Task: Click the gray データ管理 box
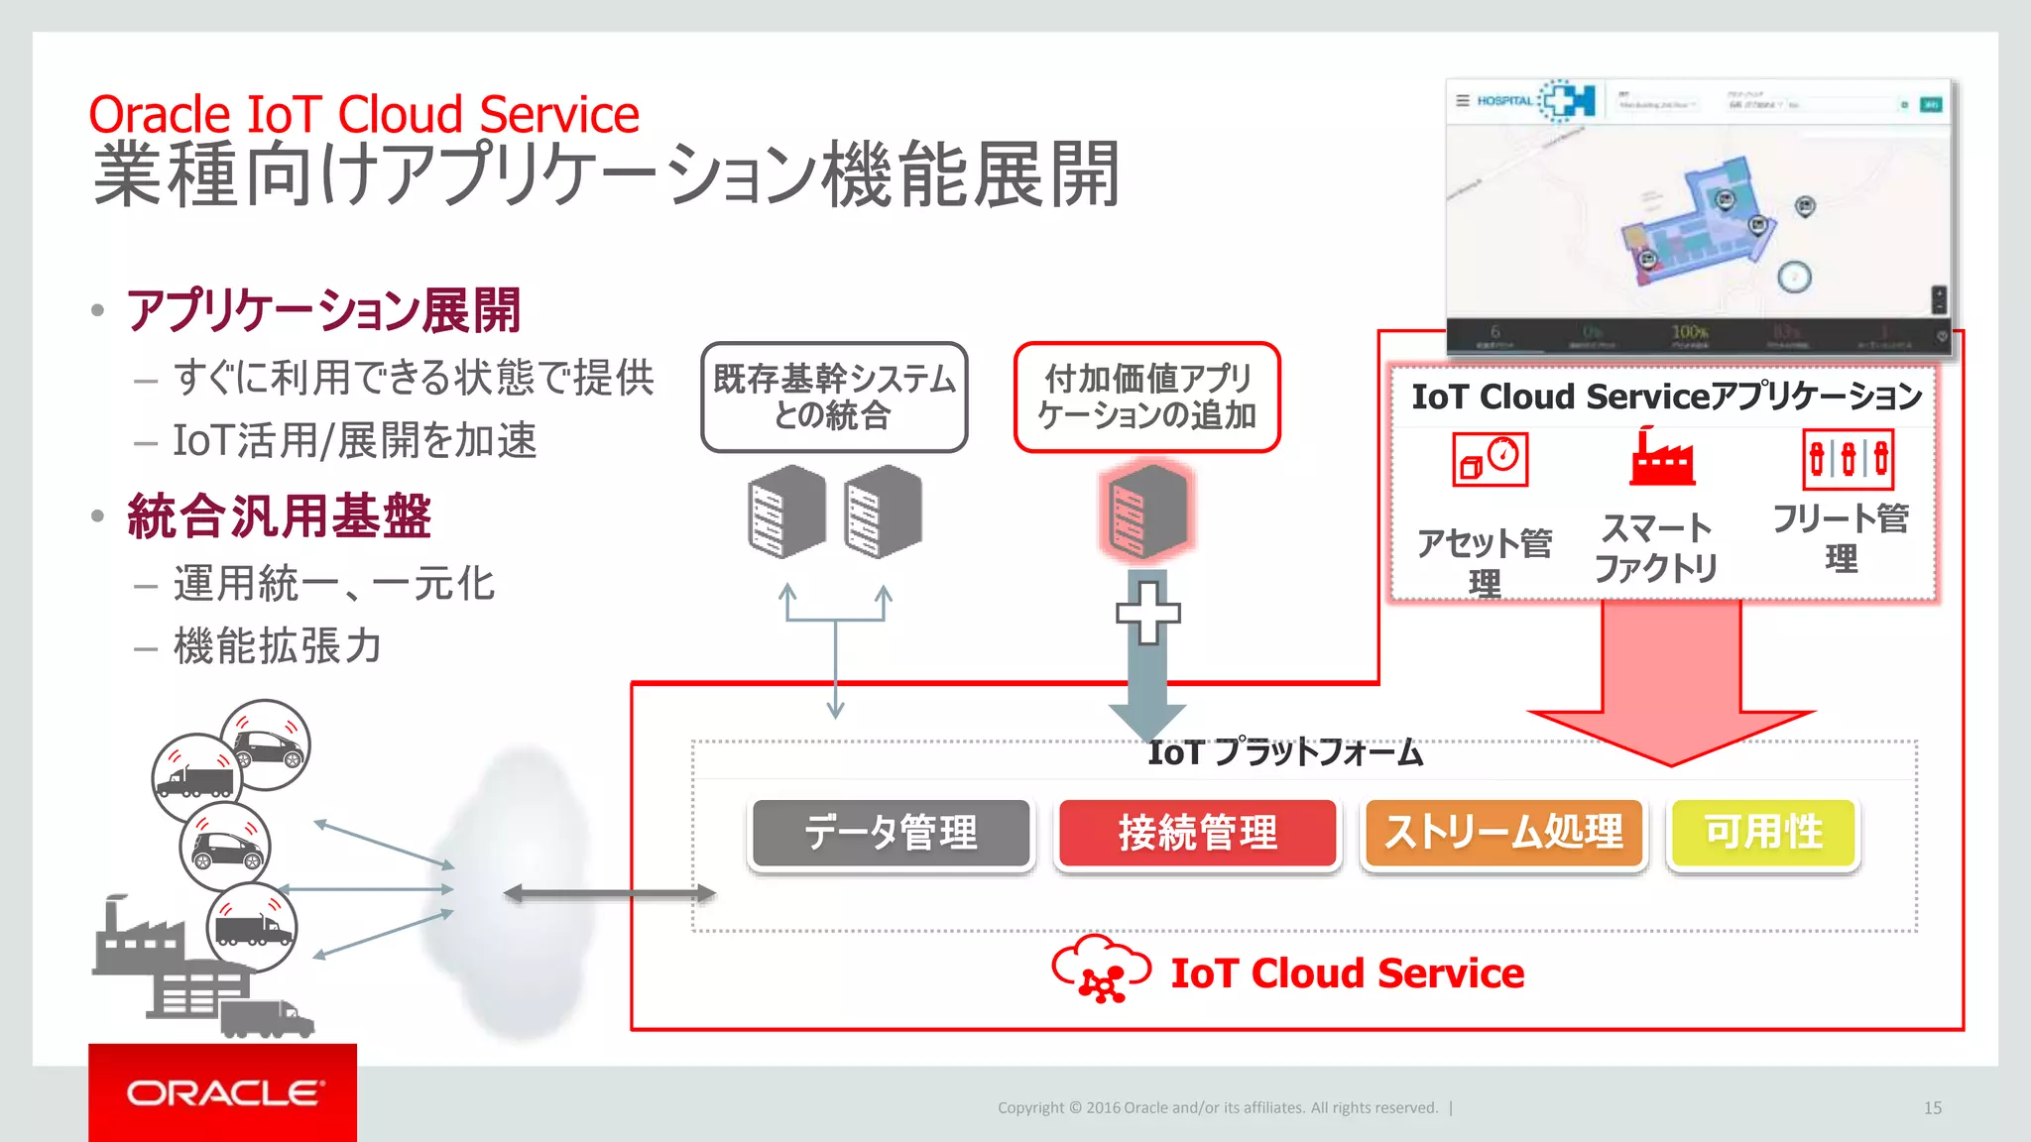click(x=891, y=833)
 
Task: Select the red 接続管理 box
click(x=1197, y=833)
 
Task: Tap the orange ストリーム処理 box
click(x=1503, y=833)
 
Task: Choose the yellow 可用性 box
click(x=1763, y=833)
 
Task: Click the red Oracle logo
click(x=222, y=1092)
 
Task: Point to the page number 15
click(x=1932, y=1108)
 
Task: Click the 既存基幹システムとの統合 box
click(x=834, y=398)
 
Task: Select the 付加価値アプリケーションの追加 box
click(x=1147, y=398)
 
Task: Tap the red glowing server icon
click(x=1147, y=512)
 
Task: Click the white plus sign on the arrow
click(x=1147, y=612)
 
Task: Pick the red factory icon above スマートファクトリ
click(x=1661, y=458)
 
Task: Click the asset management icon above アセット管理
click(x=1490, y=460)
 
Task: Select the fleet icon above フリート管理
click(x=1848, y=460)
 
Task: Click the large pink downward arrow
click(x=1671, y=684)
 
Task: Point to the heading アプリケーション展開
click(x=323, y=310)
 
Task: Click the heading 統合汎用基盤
click(x=280, y=516)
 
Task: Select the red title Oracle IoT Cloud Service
click(x=364, y=114)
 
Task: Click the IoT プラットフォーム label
click(x=1285, y=752)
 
